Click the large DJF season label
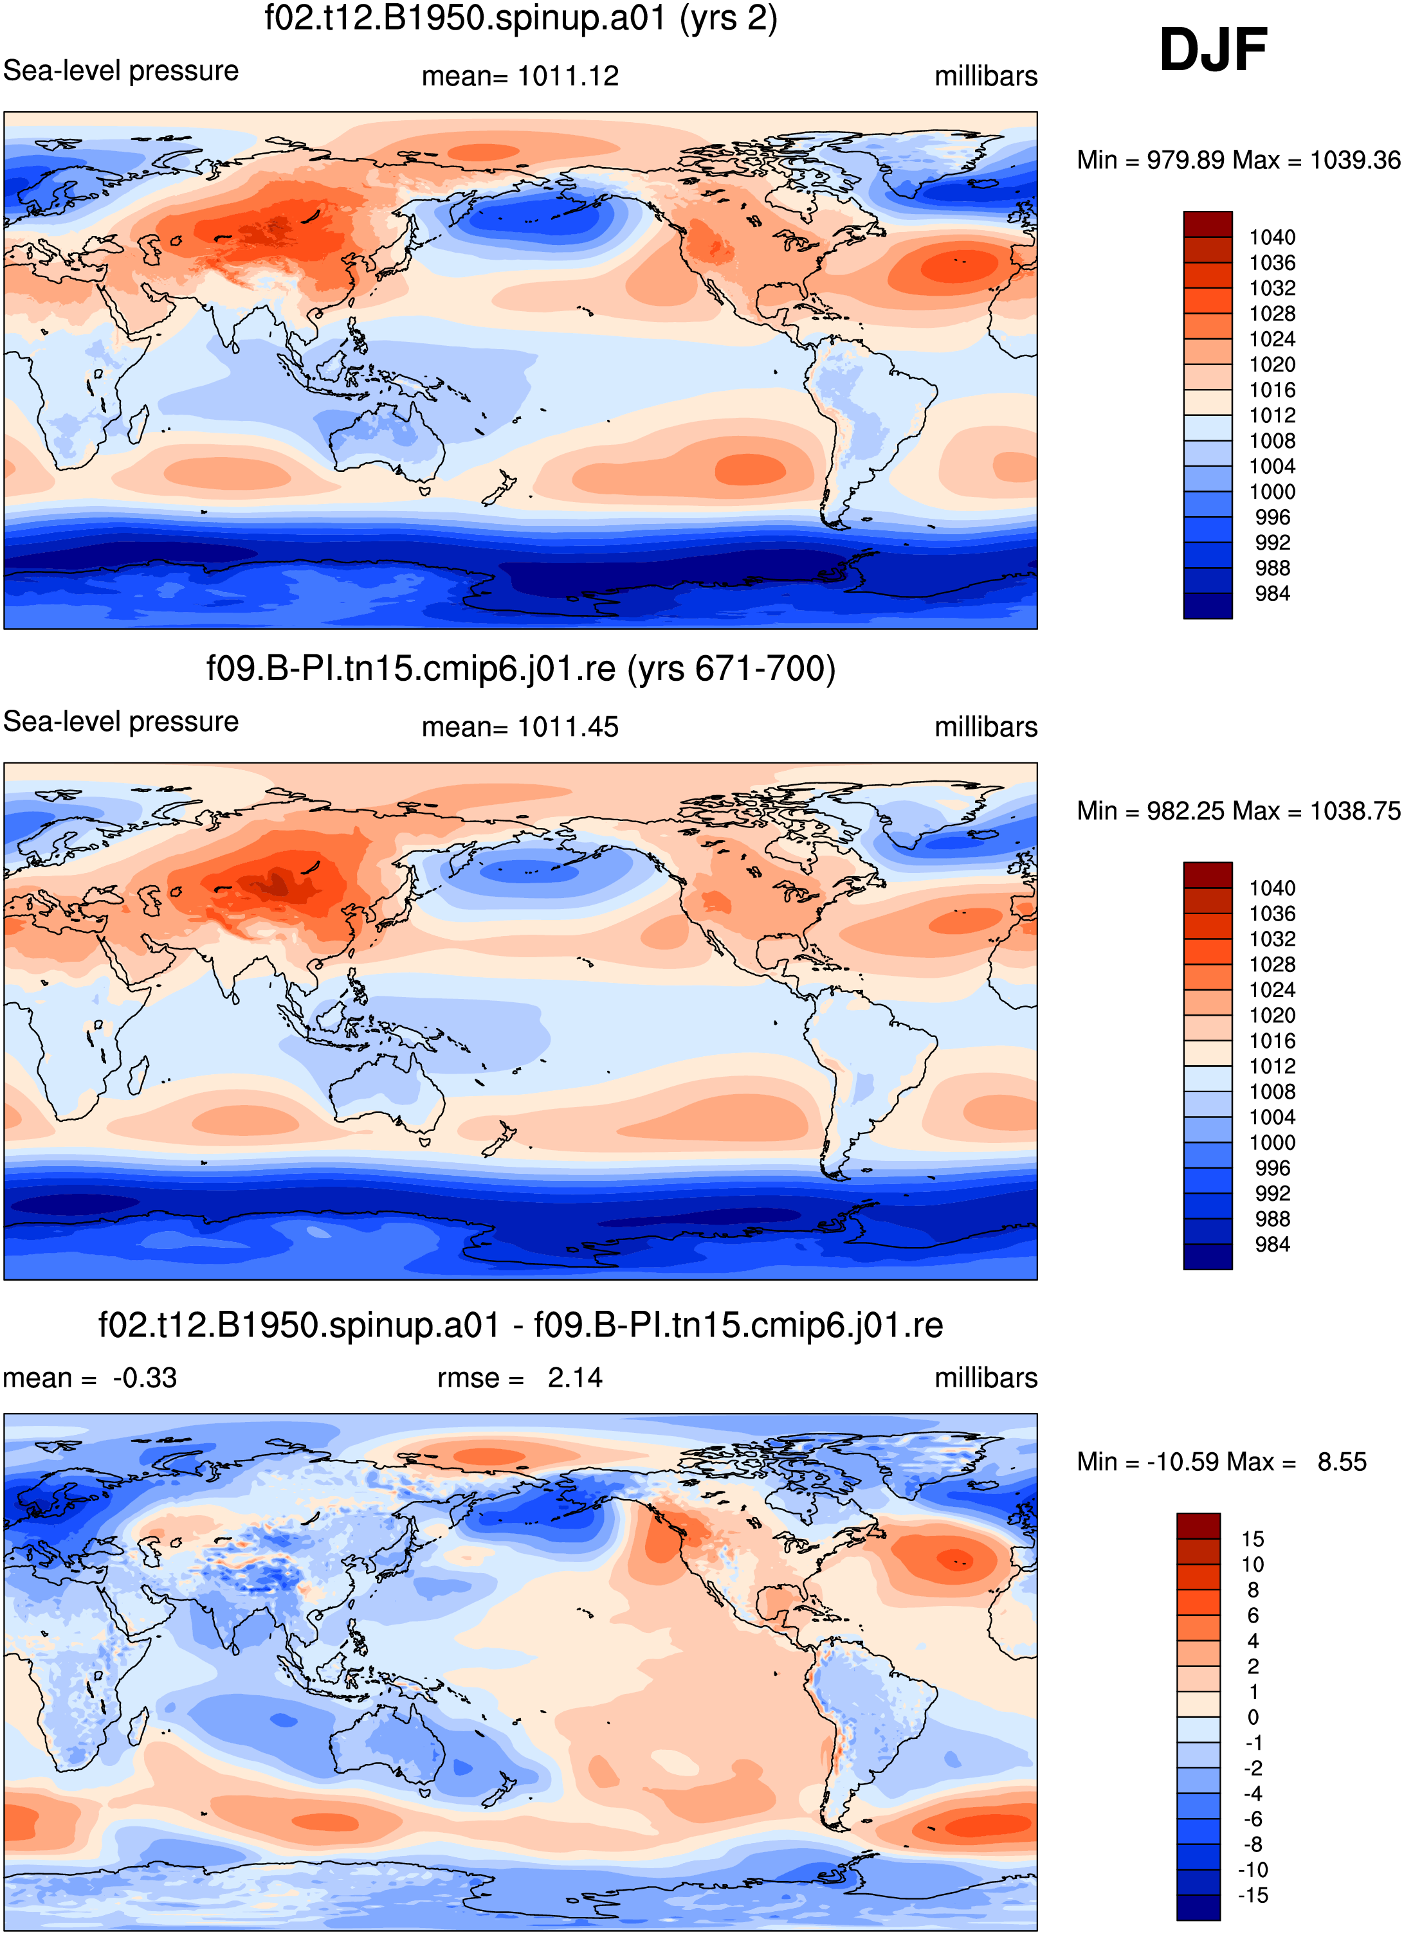click(x=1213, y=50)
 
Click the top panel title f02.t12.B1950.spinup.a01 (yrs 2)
click(x=521, y=19)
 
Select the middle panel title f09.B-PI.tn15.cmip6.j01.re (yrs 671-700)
click(x=521, y=669)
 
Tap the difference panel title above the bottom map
click(x=521, y=1325)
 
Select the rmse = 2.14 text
click(x=520, y=1378)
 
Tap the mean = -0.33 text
click(x=89, y=1378)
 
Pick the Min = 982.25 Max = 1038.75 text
click(x=1239, y=811)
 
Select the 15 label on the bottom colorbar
click(x=1252, y=1539)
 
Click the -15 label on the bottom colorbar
click(x=1252, y=1895)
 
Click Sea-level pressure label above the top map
click(x=120, y=70)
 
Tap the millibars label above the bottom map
click(x=986, y=1378)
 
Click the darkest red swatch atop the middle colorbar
click(x=1208, y=876)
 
